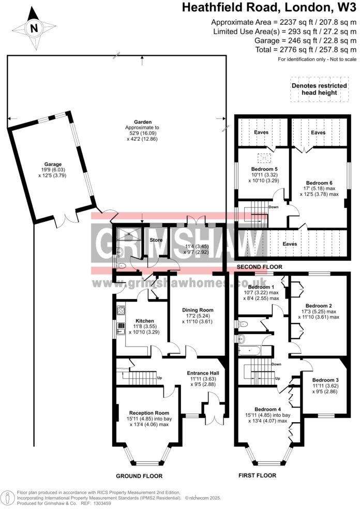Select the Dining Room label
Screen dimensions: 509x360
[197, 310]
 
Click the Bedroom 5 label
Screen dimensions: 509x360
[264, 169]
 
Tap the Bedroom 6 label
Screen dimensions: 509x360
[319, 183]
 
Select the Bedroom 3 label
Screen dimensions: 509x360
[326, 379]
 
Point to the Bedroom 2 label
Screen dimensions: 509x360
[319, 305]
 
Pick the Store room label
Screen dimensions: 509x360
[156, 240]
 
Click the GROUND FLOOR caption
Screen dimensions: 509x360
[139, 476]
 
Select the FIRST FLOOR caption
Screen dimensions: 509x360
[257, 475]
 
